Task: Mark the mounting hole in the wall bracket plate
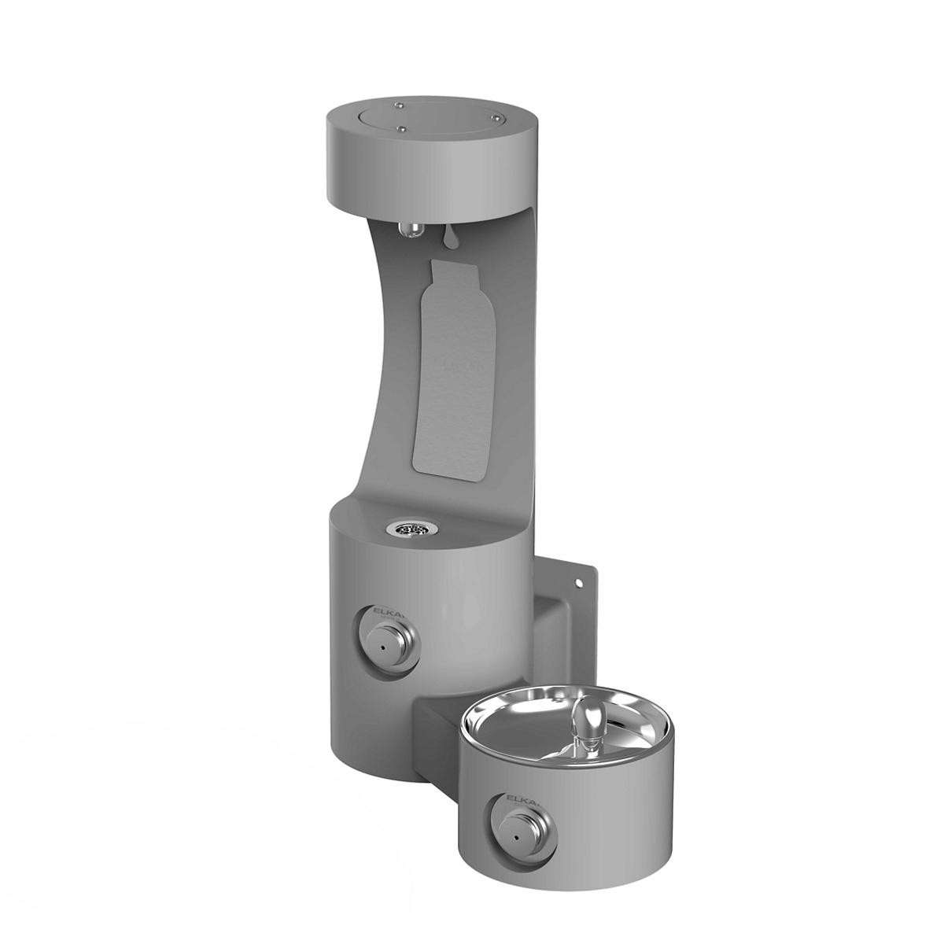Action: pos(581,584)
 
